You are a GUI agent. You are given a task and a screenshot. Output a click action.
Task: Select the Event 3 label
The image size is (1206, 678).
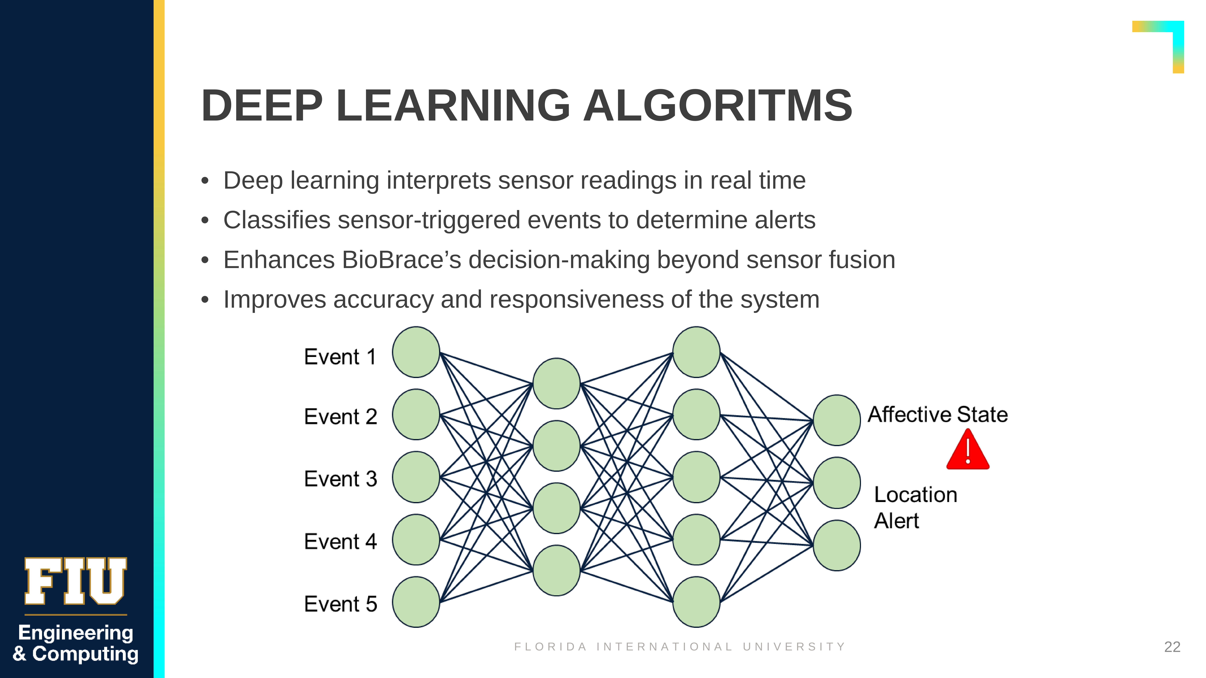pos(340,479)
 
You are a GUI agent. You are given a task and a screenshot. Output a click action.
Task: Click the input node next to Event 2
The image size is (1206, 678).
pos(416,415)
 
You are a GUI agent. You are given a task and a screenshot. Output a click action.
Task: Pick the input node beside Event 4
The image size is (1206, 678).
pos(416,540)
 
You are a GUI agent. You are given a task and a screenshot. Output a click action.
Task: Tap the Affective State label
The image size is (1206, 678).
pos(938,415)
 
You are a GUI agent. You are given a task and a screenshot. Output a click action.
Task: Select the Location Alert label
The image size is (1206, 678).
pos(915,508)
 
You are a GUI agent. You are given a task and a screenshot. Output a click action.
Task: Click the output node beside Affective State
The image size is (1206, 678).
pos(837,420)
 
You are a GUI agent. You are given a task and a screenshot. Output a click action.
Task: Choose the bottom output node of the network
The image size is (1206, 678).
pos(837,546)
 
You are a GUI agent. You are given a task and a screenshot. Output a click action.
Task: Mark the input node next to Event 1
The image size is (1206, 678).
pos(416,352)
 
